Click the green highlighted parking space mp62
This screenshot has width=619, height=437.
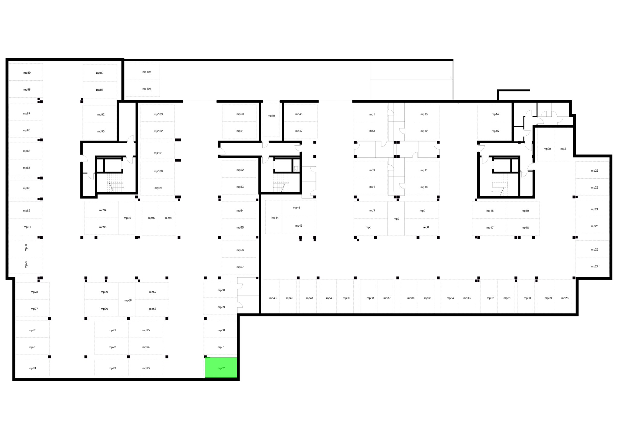pos(221,367)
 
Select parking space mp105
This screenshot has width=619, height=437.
pos(143,72)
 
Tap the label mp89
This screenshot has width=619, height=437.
pos(27,73)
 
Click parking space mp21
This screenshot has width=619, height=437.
pos(563,144)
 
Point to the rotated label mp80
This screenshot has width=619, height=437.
pos(26,248)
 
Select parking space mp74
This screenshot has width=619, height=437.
pos(32,367)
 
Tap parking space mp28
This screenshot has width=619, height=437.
pos(564,296)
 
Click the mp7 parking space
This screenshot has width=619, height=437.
pos(396,218)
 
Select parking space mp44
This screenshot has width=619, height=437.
pos(274,217)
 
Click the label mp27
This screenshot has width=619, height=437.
pos(595,266)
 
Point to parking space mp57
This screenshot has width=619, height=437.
pos(239,266)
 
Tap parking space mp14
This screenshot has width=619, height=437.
pos(494,114)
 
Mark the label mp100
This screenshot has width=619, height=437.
pos(158,171)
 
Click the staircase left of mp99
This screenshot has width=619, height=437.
pos(116,183)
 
